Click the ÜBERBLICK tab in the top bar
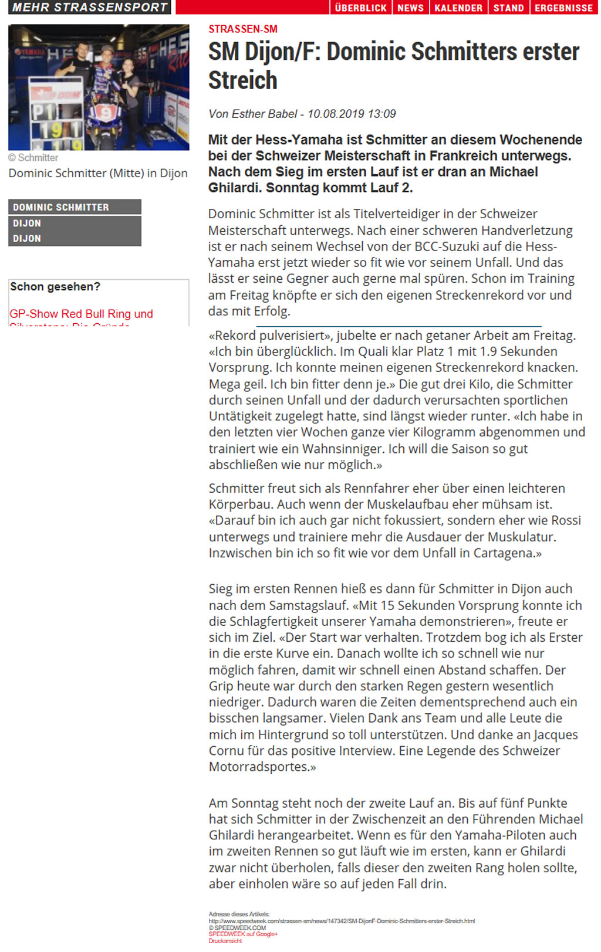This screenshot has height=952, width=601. [x=360, y=8]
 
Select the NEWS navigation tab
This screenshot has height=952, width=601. [x=410, y=8]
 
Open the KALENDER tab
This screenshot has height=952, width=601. [x=458, y=8]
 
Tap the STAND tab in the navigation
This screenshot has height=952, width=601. [x=508, y=8]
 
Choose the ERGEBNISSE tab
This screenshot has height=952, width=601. [x=563, y=8]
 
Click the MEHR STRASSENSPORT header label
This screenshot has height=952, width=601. [x=90, y=7]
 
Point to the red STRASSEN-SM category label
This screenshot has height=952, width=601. [x=243, y=29]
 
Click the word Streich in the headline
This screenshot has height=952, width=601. [x=243, y=80]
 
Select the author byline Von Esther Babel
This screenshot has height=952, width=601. [x=253, y=114]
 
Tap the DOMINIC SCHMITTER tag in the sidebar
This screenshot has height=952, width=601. [x=61, y=207]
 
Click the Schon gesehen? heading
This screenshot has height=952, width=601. [x=55, y=287]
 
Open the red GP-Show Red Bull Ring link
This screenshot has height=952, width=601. [x=81, y=314]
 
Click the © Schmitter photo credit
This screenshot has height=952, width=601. [x=33, y=158]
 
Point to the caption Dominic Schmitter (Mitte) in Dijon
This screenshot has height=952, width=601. [x=98, y=173]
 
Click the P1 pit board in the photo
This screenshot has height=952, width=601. [x=45, y=111]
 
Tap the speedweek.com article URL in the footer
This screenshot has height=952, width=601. [x=342, y=921]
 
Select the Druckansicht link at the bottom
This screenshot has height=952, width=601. [x=225, y=941]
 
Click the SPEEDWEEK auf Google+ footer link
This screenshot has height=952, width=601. [x=243, y=934]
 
